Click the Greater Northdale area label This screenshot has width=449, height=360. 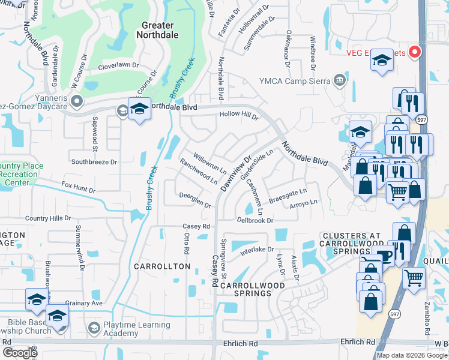point(157,31)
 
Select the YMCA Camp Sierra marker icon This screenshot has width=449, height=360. point(340,80)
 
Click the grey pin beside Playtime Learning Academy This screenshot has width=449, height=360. point(94,328)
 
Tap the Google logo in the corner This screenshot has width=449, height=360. point(19,353)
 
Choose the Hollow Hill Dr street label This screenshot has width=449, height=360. point(238,113)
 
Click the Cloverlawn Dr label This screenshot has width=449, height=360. point(118,67)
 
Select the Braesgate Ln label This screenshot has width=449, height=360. point(288,194)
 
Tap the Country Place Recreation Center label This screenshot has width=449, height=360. point(19,174)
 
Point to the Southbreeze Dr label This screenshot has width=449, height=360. point(94,162)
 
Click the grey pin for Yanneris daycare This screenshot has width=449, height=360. point(76,100)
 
